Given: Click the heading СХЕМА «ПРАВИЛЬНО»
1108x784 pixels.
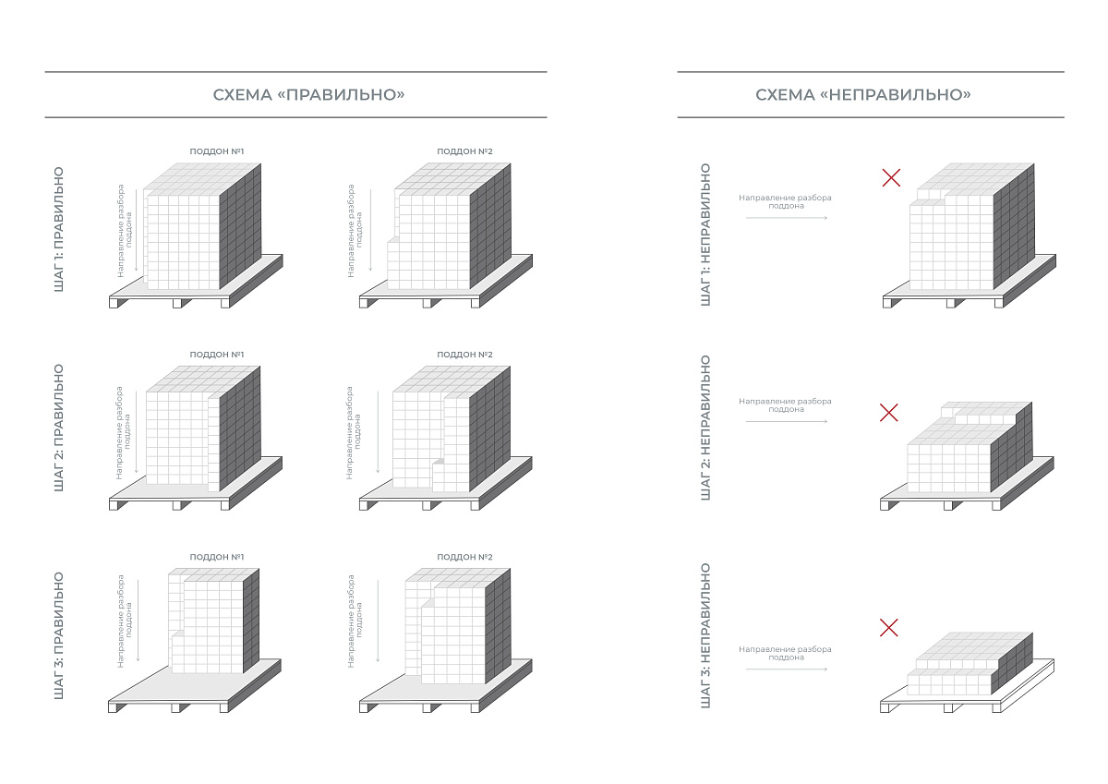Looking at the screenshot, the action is (308, 94).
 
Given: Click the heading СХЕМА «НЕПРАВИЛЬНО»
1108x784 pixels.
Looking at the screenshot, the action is (863, 94).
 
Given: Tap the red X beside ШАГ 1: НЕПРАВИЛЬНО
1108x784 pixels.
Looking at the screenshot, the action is (891, 177).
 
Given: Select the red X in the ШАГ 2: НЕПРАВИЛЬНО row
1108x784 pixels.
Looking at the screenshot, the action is (889, 412).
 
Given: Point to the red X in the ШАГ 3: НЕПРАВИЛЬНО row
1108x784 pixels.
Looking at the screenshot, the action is (889, 628).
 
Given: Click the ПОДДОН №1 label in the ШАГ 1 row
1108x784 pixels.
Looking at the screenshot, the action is (217, 151).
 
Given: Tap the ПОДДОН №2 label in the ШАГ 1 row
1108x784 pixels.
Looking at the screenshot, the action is (464, 151).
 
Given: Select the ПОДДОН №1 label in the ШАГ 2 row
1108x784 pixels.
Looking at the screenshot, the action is (217, 355).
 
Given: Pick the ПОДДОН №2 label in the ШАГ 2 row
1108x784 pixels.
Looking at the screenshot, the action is (464, 355).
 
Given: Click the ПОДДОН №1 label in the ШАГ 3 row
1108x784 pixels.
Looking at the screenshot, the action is (217, 557).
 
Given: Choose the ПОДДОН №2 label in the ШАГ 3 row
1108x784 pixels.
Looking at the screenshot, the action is (464, 557).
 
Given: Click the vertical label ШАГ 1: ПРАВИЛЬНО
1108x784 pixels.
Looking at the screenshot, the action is (59, 229).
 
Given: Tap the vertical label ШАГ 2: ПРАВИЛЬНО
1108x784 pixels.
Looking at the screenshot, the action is (59, 428).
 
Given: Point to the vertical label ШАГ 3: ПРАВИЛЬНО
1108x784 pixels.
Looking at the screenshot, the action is (59, 635).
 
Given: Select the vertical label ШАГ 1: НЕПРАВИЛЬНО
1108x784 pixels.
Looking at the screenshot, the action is (705, 235).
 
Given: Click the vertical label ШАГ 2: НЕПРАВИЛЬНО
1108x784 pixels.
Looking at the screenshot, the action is (705, 428).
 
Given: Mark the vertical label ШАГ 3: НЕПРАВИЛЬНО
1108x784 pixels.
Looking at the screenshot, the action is (705, 635).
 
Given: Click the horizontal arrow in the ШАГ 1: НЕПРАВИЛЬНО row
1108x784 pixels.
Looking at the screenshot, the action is (787, 218).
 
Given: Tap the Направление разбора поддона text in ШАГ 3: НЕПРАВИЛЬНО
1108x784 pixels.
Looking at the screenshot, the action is (785, 653).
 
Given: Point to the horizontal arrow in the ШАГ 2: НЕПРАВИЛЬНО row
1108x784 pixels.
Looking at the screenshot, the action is (787, 421).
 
